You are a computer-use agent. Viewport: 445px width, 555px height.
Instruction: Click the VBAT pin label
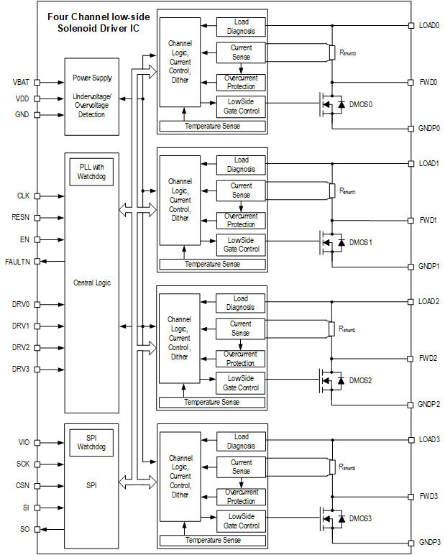tap(21, 82)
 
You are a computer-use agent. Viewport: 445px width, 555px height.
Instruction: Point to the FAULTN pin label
tap(18, 261)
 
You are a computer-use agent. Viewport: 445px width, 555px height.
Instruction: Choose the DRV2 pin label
tap(21, 347)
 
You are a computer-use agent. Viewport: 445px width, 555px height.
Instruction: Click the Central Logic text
tap(91, 283)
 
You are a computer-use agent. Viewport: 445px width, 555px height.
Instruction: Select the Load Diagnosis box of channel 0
tap(241, 27)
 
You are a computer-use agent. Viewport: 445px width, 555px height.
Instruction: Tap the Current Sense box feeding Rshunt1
tap(241, 191)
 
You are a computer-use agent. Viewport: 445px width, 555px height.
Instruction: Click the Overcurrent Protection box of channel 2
tap(241, 358)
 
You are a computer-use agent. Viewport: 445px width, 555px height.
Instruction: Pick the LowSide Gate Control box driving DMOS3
tap(241, 521)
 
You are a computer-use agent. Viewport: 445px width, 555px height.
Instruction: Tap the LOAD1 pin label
tap(428, 163)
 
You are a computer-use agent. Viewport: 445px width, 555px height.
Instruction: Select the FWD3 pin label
tap(428, 496)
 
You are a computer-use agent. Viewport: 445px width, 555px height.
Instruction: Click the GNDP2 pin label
tap(429, 404)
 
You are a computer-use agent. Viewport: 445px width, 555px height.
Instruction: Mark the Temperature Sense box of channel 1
tap(212, 264)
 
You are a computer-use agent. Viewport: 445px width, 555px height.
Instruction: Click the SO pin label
tap(24, 529)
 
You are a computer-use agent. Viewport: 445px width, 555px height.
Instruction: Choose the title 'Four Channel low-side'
tap(94, 16)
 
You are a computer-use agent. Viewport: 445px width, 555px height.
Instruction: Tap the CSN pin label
tap(22, 486)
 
